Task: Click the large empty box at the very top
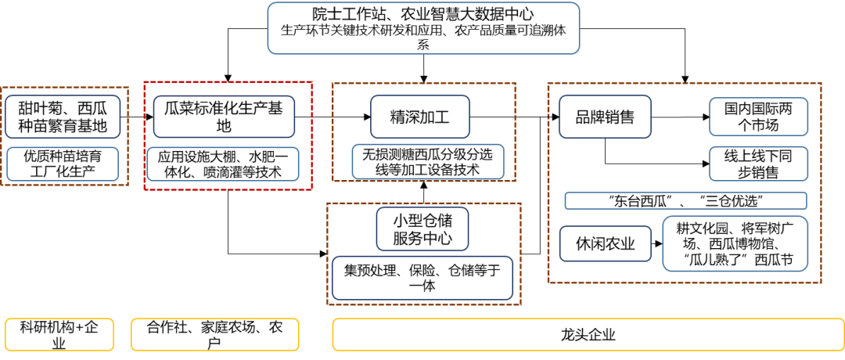(x=423, y=28)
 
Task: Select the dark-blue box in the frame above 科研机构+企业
(x=63, y=117)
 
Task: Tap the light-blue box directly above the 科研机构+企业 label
(x=63, y=164)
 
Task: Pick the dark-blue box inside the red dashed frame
(x=224, y=117)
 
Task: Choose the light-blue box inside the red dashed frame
(x=223, y=164)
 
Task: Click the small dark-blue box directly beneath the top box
(x=420, y=117)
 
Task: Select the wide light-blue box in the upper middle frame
(x=428, y=161)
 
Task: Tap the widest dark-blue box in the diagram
(x=422, y=278)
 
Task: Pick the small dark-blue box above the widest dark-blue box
(x=422, y=229)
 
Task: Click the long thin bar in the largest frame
(x=685, y=200)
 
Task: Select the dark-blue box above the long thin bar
(x=605, y=117)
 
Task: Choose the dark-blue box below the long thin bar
(x=605, y=243)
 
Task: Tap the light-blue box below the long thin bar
(x=735, y=243)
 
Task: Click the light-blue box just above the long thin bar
(x=758, y=164)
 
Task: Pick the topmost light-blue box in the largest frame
(x=758, y=117)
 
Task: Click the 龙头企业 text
(x=588, y=335)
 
